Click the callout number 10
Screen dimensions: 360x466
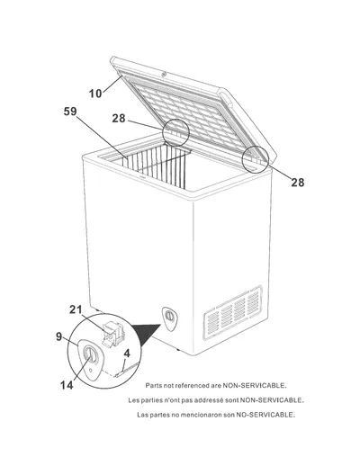coord(95,94)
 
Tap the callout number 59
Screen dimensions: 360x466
coord(70,112)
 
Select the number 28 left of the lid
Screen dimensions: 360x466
coord(119,119)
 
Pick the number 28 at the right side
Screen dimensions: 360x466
coord(298,183)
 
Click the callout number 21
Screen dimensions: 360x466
coord(76,309)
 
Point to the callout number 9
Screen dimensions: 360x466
coord(59,336)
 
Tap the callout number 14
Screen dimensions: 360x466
coord(67,385)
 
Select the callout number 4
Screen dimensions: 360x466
coord(127,354)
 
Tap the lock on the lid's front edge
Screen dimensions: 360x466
coord(164,74)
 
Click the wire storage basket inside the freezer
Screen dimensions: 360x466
coord(157,166)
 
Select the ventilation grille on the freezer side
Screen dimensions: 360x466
coord(233,313)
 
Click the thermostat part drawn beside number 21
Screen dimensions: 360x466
coord(112,333)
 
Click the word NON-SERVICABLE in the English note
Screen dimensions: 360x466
coord(255,385)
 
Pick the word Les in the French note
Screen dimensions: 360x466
coord(133,400)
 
